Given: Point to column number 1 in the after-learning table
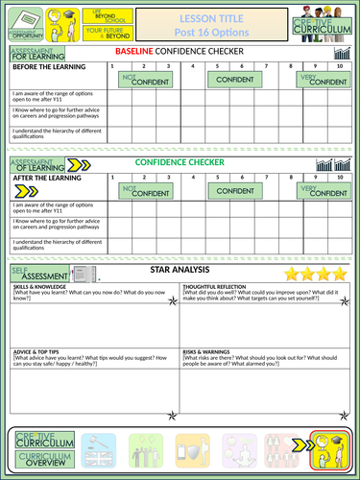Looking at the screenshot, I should (x=115, y=178).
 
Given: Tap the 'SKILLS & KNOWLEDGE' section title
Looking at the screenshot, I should (x=39, y=288).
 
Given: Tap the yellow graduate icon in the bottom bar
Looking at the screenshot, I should (x=329, y=446).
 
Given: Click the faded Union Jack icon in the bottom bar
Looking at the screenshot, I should (x=99, y=446).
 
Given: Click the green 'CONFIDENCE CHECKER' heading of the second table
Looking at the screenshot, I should (x=180, y=162).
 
